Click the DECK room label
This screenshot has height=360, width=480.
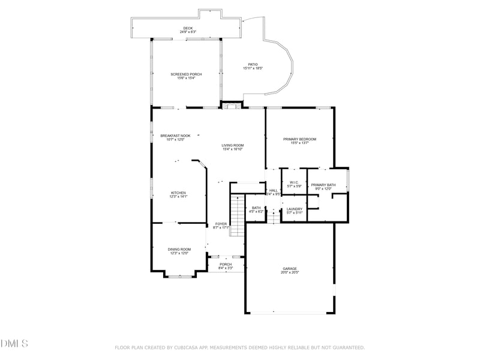point(188,28)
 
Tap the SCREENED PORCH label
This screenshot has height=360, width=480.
point(185,74)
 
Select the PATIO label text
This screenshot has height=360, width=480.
point(253,64)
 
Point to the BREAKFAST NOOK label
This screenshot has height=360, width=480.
point(175,136)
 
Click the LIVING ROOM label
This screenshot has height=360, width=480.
point(232,145)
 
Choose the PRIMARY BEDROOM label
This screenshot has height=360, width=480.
point(299,139)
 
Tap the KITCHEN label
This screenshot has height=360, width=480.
point(179,193)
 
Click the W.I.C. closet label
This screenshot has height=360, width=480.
point(294,182)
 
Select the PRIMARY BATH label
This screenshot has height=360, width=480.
point(323,185)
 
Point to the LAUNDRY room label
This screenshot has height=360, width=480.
point(294,209)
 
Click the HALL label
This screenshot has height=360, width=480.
point(273,190)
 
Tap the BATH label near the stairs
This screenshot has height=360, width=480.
point(256,208)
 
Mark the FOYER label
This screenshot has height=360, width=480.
point(221,224)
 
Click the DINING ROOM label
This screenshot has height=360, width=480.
point(179,249)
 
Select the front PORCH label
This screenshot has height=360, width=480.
point(226,264)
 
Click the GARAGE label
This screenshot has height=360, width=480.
point(290,268)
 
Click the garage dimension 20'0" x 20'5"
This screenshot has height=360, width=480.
point(290,272)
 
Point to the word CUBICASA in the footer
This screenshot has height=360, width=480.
point(188,347)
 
